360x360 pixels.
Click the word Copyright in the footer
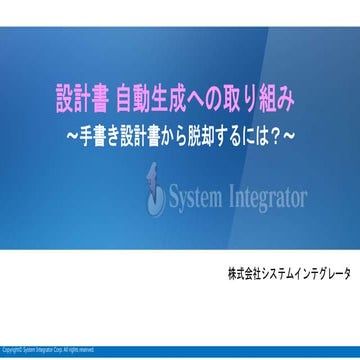click(x=12, y=349)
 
